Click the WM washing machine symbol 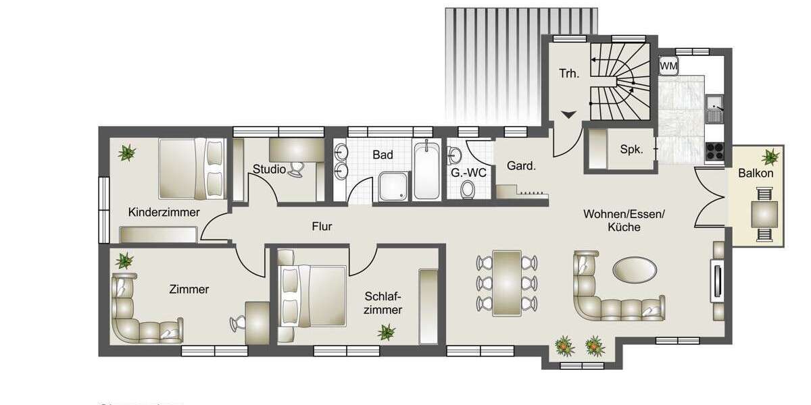(x=668, y=65)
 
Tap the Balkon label (x=756, y=173)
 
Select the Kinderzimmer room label (x=164, y=213)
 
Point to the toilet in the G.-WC (x=467, y=190)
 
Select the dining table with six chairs (x=507, y=282)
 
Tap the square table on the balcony (x=764, y=214)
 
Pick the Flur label (x=322, y=227)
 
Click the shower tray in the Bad (x=393, y=186)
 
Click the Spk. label (x=631, y=150)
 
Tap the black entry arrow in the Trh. (x=569, y=115)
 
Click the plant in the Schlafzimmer (x=387, y=331)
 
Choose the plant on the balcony (x=770, y=157)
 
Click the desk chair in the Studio (x=296, y=169)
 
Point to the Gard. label (x=521, y=166)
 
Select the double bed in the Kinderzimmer (x=191, y=169)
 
